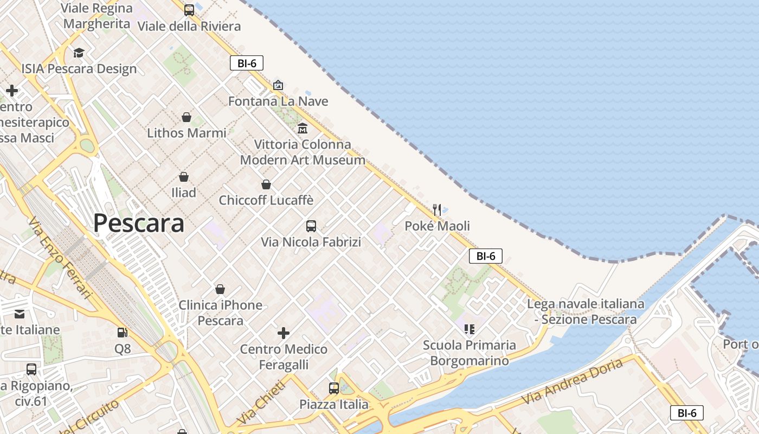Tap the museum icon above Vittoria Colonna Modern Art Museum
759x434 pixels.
[303, 129]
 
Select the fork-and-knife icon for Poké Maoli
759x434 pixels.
[437, 209]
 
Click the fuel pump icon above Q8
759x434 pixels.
[123, 333]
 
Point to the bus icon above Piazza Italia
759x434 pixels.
[333, 388]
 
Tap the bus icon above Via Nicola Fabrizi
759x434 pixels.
[311, 226]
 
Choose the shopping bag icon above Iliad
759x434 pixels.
[184, 177]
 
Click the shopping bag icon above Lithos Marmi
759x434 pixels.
[186, 117]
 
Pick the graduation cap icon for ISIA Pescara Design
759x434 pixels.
[79, 53]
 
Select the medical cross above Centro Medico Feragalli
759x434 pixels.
[284, 333]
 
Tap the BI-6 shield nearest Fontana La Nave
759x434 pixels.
[247, 63]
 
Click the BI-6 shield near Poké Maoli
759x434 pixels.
[486, 256]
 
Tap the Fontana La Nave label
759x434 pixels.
[278, 101]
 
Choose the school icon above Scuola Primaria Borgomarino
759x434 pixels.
[469, 329]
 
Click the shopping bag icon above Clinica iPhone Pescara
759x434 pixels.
[220, 289]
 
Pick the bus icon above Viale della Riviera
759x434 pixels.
[189, 10]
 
